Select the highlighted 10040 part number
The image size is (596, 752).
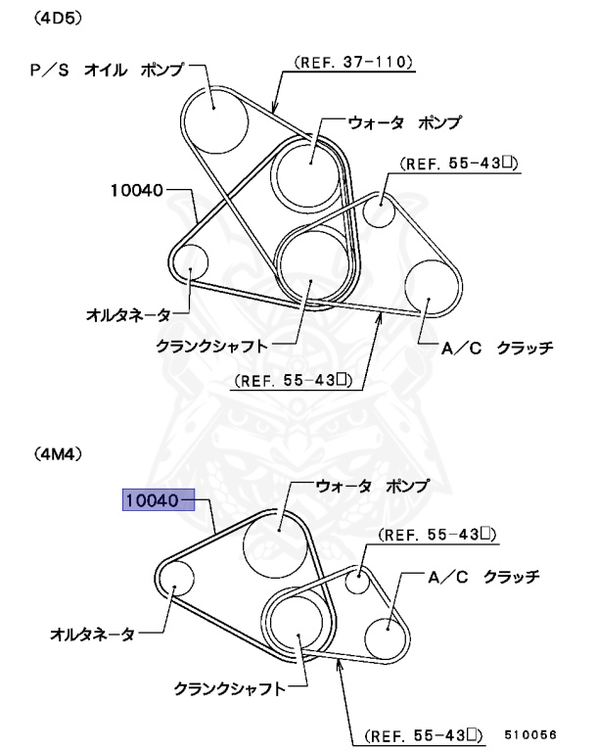(151, 500)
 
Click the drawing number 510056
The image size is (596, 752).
(531, 732)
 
